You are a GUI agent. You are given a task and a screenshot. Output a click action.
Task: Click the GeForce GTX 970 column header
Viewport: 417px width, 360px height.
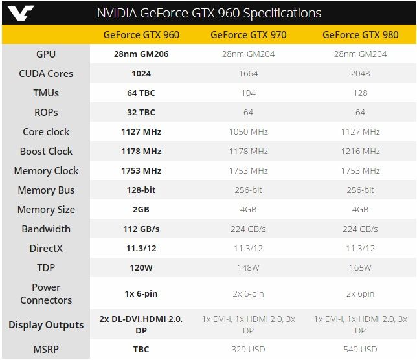[249, 35]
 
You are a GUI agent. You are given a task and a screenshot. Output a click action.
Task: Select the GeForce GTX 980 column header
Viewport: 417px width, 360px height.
[360, 35]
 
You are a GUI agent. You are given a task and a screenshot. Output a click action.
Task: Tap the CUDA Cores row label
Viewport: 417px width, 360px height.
[46, 73]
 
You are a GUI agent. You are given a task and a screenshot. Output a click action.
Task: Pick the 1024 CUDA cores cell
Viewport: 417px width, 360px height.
[141, 73]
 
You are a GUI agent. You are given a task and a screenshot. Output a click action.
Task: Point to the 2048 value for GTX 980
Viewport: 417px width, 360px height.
[360, 73]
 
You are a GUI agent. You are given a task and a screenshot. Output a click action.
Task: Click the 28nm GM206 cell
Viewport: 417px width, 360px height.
[141, 54]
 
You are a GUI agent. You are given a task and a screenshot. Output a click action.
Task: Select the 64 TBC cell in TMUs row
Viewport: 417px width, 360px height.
[141, 93]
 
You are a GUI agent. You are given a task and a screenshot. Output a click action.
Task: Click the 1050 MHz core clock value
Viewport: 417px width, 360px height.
[249, 131]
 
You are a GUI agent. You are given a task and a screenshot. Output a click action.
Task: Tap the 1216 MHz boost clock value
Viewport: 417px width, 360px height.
[360, 151]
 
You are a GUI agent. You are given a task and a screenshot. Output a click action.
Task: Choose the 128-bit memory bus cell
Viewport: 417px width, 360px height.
[141, 190]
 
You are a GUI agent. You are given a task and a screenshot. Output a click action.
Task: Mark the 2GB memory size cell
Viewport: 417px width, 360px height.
[141, 209]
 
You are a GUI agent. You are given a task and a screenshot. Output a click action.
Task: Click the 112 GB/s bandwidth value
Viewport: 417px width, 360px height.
[141, 229]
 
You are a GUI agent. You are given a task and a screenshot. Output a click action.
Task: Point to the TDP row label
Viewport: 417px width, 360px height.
[46, 267]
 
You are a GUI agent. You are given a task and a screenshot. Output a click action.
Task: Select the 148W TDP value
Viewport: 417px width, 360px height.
[249, 267]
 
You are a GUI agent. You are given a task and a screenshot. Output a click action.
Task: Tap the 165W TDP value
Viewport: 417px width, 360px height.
[360, 267]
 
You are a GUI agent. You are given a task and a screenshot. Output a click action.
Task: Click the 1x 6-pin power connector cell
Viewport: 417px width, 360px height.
[141, 293]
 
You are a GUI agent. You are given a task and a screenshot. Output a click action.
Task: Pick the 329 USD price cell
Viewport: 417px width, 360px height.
[249, 349]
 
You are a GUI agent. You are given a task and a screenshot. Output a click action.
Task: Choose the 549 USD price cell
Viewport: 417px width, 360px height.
[360, 349]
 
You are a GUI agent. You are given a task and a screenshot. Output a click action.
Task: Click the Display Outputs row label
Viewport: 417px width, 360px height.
[46, 324]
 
